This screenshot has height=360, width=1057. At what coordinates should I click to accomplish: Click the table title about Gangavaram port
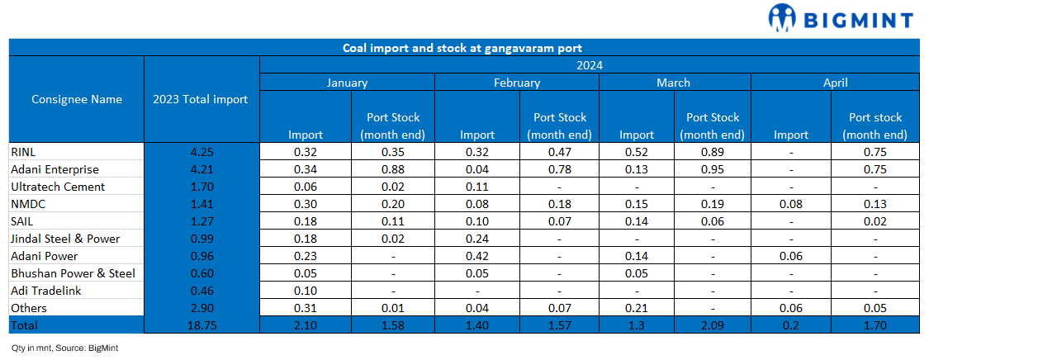point(463,48)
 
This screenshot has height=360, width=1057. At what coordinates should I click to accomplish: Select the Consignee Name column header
point(76,99)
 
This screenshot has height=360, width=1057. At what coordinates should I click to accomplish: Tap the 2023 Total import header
point(201,99)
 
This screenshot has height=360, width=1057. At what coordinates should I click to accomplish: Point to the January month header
point(347,83)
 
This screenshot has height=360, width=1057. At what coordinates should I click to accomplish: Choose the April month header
point(835,83)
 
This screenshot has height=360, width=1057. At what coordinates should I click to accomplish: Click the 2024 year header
point(589,65)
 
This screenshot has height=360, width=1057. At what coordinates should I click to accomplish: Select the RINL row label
point(23,152)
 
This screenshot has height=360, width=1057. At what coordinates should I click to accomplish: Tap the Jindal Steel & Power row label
point(65,239)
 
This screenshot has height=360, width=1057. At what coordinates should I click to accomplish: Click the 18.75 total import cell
point(201,325)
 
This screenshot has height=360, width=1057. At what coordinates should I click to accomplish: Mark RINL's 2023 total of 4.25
point(201,152)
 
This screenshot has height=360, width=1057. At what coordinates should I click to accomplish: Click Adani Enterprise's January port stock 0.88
point(393,169)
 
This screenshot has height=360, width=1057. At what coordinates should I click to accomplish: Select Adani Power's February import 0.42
point(476,256)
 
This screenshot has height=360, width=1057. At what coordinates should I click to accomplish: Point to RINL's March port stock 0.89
point(713,152)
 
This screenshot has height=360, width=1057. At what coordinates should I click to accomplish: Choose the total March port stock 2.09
point(713,325)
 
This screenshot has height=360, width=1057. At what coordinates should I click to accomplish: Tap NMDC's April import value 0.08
point(791,204)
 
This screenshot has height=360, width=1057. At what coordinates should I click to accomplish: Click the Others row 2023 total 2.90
point(201,308)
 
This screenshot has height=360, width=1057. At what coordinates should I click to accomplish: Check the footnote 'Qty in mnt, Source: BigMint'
point(65,348)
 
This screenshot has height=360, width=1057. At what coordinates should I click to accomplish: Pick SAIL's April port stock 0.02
point(875,221)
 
